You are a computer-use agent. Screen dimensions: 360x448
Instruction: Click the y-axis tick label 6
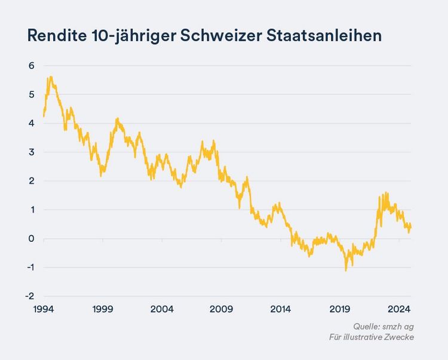coord(31,66)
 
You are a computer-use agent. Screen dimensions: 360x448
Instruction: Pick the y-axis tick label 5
coord(31,94)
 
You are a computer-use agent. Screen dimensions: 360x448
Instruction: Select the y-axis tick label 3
coord(31,152)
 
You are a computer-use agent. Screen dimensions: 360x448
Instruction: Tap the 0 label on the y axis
coord(31,239)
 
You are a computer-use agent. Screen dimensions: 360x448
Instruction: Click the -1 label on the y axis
coord(30,267)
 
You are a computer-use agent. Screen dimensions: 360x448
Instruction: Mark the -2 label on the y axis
coord(30,296)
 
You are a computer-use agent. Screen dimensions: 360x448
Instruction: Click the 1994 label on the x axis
coord(44,309)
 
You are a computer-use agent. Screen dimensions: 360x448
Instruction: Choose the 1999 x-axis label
coord(103,309)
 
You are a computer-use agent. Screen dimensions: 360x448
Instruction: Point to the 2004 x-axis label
coord(162,309)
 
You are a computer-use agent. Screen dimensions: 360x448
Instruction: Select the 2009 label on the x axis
coord(222,309)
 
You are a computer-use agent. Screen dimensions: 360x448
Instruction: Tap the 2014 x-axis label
coord(280,309)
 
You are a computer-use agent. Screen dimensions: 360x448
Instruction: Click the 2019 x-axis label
coord(339,309)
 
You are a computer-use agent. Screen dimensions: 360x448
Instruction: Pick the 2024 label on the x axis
coord(398,309)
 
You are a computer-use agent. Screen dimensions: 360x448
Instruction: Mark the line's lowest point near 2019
coord(345,270)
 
